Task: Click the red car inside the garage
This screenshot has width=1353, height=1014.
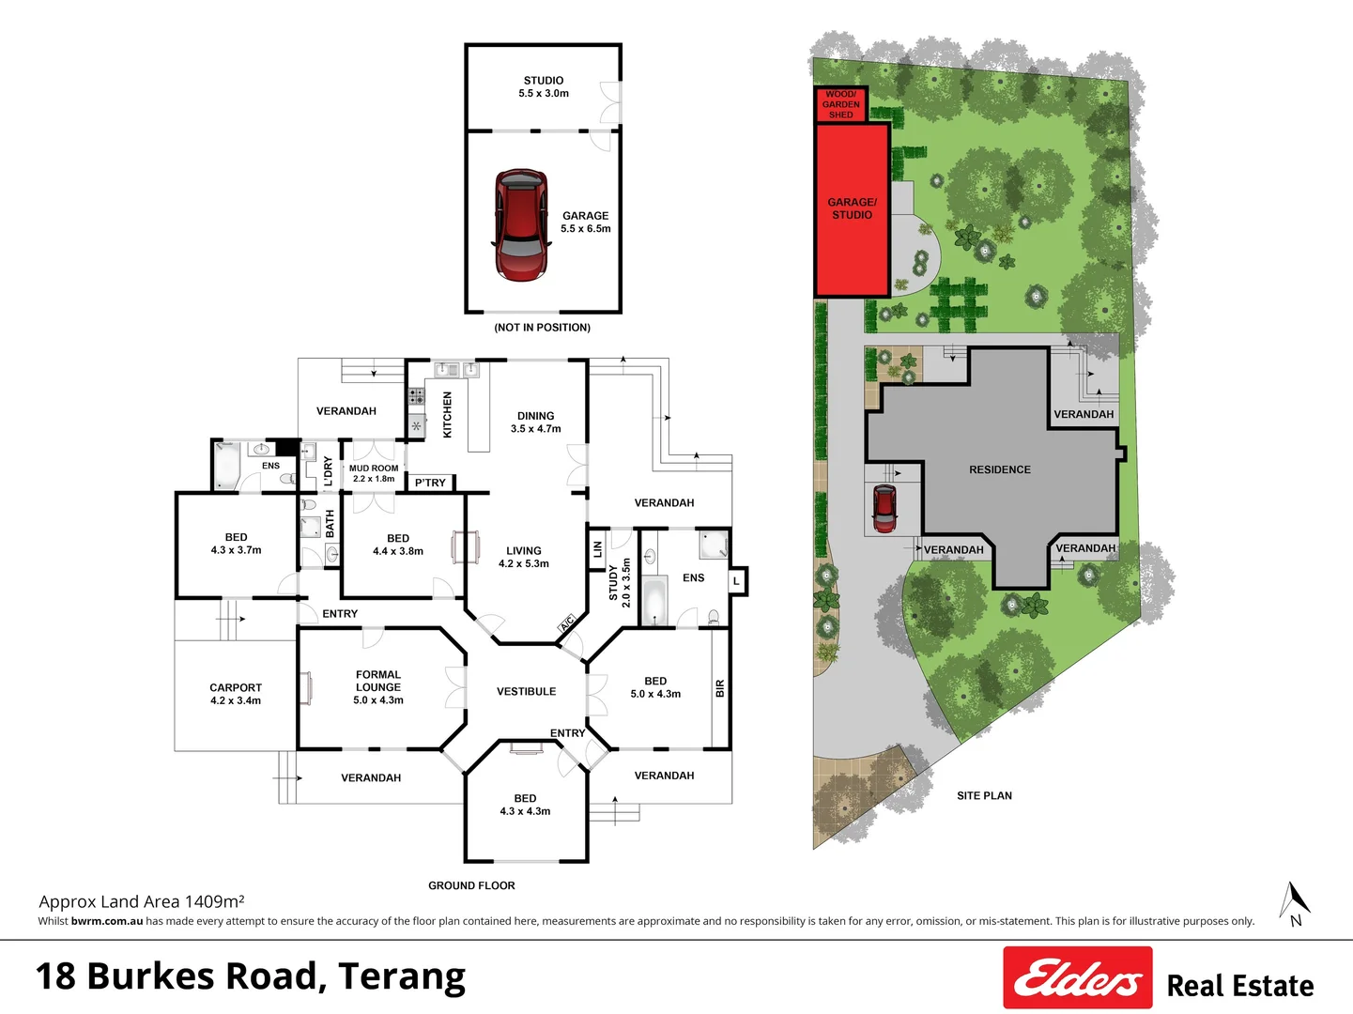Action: click(520, 225)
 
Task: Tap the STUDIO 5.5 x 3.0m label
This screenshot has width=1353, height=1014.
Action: click(544, 87)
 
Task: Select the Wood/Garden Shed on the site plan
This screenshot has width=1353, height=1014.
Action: click(840, 104)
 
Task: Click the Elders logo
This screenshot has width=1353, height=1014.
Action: click(1077, 977)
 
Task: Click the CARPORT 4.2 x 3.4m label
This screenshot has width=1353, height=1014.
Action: click(236, 694)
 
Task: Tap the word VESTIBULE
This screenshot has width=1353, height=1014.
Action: click(526, 692)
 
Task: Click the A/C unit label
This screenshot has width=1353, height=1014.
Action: click(567, 623)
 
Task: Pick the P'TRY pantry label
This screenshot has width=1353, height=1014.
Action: click(430, 483)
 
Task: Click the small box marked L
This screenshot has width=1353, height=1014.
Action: click(737, 582)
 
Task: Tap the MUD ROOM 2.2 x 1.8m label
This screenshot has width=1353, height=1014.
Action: click(374, 473)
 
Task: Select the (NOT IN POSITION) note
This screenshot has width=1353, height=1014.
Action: click(542, 328)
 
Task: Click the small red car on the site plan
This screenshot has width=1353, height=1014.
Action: click(884, 508)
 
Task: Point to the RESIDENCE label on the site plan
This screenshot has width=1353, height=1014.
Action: click(999, 469)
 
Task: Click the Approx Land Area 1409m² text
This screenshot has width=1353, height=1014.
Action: click(142, 901)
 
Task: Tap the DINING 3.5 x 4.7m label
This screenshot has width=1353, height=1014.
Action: click(535, 422)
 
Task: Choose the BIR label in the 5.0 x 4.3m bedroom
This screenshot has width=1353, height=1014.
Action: click(720, 688)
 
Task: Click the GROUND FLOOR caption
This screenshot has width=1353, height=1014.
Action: click(471, 885)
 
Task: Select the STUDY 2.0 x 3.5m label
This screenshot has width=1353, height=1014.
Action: click(620, 583)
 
